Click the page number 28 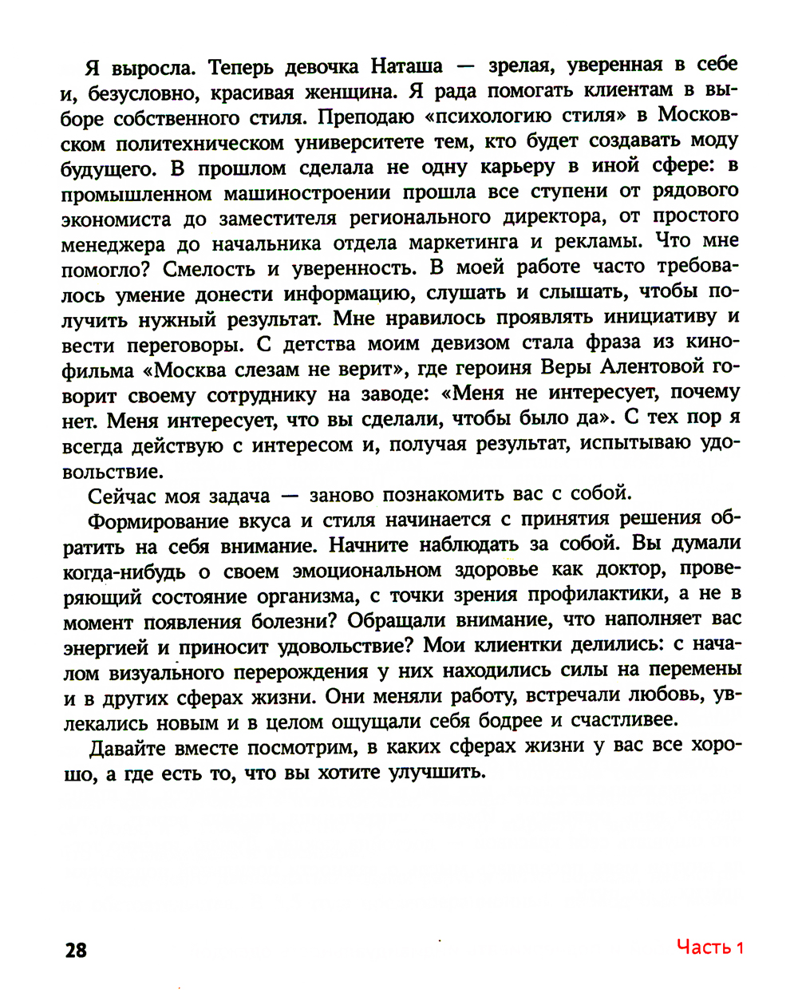pos(76,950)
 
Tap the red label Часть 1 pos(709,948)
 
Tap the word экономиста pos(116,219)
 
